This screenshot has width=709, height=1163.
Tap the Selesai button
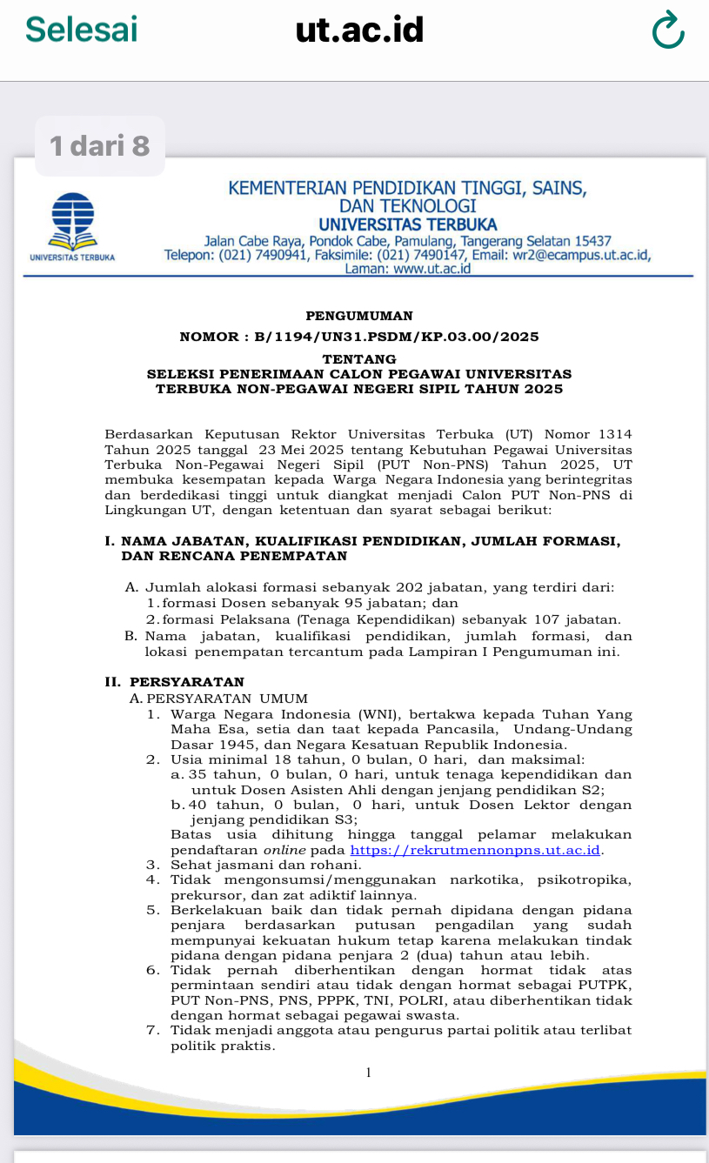tap(81, 29)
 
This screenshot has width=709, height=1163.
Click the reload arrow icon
tap(667, 31)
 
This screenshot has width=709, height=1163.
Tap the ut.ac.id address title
tap(359, 30)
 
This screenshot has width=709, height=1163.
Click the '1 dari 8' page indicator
tap(100, 146)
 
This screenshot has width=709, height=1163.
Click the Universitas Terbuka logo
tap(72, 221)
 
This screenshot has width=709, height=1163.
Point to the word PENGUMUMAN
tap(359, 316)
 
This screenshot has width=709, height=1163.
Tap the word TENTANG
tap(359, 358)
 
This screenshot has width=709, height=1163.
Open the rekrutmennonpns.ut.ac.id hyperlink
tap(476, 850)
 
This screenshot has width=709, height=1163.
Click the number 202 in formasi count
tap(408, 588)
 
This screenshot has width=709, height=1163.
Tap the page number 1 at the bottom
tap(368, 1073)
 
